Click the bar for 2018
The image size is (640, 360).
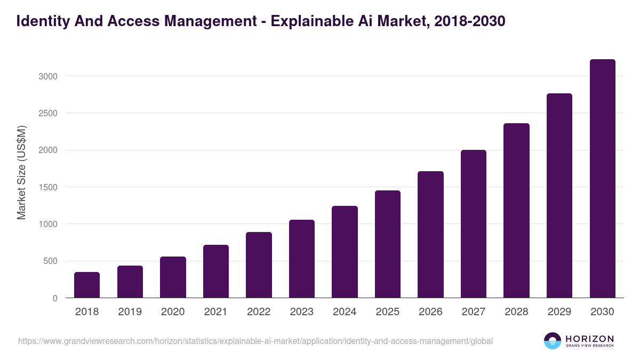pos(87,285)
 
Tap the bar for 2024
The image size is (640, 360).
pos(345,252)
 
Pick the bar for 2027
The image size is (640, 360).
pos(473,223)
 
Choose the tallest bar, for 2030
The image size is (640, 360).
pos(602,178)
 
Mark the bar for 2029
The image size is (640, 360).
pos(559,195)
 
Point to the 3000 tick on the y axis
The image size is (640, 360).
pos(48,76)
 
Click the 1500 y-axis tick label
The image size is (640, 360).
pos(48,187)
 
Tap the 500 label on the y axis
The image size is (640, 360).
pos(50,261)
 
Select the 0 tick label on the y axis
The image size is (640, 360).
pos(55,298)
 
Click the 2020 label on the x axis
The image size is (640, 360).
pos(173,312)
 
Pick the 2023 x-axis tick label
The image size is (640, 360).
pos(301,312)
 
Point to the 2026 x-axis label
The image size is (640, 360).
pos(430,312)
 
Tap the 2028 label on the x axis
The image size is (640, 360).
pos(516,312)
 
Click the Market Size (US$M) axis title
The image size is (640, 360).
pos(21,172)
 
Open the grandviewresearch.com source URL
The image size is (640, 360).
pos(255,341)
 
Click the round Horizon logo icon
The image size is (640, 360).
pos(552,341)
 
